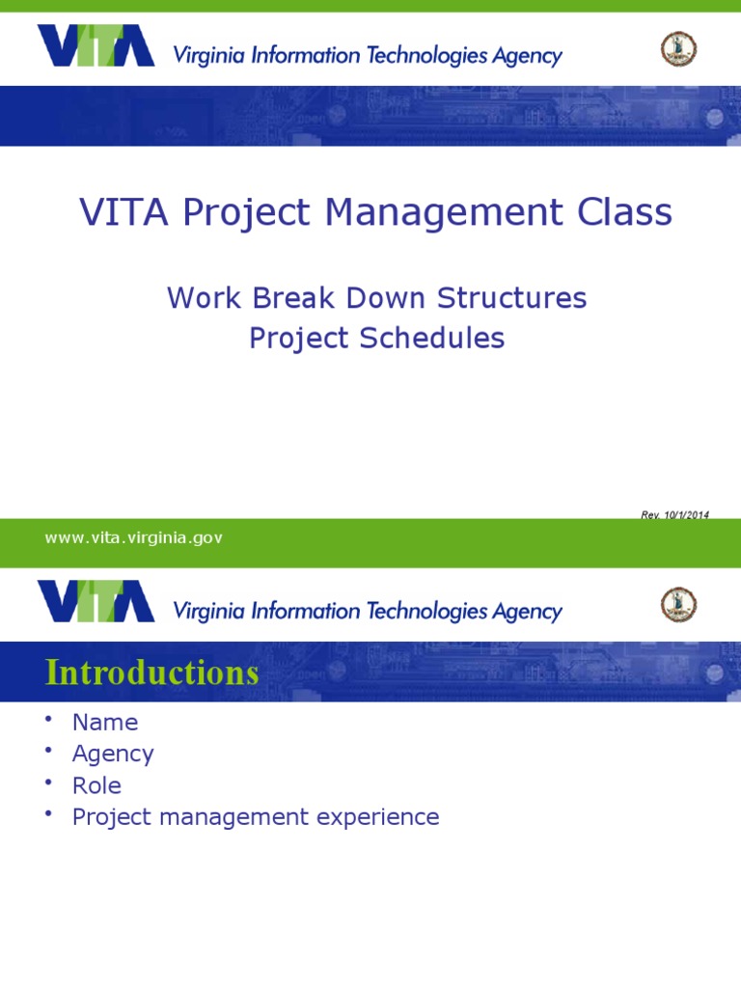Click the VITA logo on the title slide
pyautogui.click(x=96, y=46)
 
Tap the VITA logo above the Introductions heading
pyautogui.click(x=96, y=601)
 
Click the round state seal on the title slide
pyautogui.click(x=678, y=48)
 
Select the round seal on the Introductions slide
pyautogui.click(x=678, y=604)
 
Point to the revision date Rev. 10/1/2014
pyautogui.click(x=674, y=515)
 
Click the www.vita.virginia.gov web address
pyautogui.click(x=133, y=538)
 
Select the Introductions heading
pyautogui.click(x=152, y=672)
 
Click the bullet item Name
pyautogui.click(x=105, y=722)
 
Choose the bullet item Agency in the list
pyautogui.click(x=113, y=754)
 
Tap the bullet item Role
pyautogui.click(x=96, y=785)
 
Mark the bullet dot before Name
pyautogui.click(x=49, y=720)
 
